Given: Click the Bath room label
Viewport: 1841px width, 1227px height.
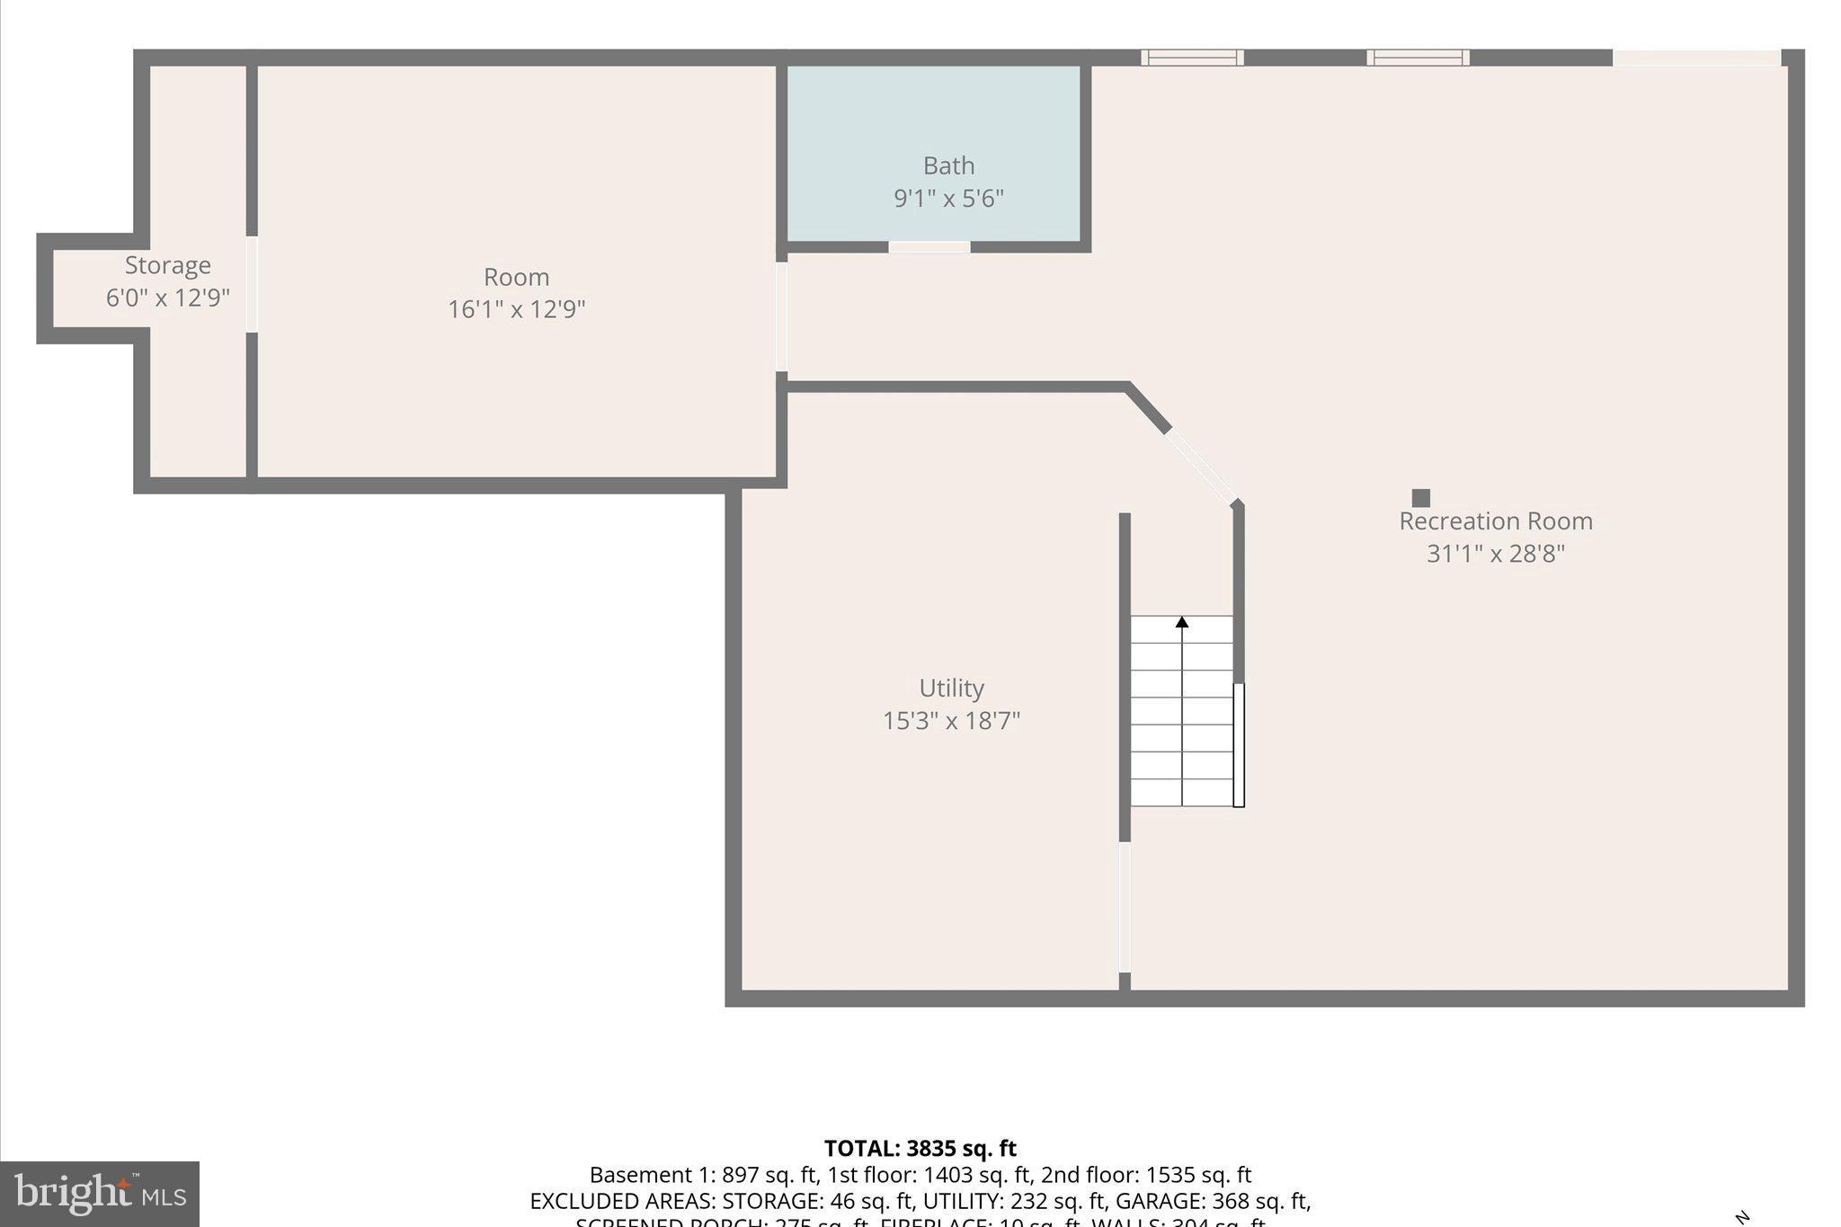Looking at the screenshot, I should coord(948,166).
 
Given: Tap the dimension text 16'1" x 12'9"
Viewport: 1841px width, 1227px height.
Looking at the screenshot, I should coord(516,309).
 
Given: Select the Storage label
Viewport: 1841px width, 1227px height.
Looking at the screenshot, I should coord(167,265).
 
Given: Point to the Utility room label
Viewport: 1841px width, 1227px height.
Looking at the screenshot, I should coord(951,689).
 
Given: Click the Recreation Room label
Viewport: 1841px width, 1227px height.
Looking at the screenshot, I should coord(1495,521).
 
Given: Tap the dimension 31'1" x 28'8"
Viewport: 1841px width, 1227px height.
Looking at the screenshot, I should coord(1495,554).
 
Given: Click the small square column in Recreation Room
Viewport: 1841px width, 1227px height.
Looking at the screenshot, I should coord(1420,498).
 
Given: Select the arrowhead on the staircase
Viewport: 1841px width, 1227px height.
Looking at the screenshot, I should coord(1181,622).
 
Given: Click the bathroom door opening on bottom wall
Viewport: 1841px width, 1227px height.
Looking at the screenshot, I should coord(929,246).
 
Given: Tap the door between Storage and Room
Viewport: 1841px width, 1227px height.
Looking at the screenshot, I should coord(252,284).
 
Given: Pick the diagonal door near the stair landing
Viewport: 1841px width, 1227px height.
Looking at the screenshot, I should coord(1202,466).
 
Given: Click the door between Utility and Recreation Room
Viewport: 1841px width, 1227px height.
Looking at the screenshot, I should coord(1124,906).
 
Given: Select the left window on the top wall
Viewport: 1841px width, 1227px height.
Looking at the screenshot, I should coord(1192,58).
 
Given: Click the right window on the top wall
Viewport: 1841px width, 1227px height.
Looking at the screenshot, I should coord(1418,58).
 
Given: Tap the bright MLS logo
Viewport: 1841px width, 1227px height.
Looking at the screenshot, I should coord(100,1194).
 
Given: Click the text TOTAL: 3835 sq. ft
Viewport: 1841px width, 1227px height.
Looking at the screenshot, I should coord(920,1149).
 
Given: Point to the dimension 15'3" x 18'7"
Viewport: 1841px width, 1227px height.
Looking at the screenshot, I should coord(951,721).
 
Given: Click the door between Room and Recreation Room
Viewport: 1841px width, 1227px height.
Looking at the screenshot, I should coord(781,316).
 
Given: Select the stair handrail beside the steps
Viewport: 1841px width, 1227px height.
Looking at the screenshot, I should coord(1238,744).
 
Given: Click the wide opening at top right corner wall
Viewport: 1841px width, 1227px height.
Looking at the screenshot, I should coord(1696,58).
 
